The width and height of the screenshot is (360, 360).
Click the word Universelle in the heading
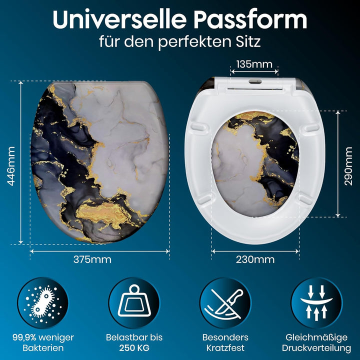point(119,19)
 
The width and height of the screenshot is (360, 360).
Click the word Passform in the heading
point(250,19)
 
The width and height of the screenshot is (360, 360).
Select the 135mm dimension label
point(254,64)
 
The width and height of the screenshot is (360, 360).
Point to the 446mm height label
point(11,166)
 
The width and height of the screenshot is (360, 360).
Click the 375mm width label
point(92,259)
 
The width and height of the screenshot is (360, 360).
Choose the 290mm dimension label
point(348,166)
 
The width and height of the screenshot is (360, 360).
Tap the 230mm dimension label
point(255,259)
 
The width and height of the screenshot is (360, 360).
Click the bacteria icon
point(43,303)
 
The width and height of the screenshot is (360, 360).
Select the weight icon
point(134,303)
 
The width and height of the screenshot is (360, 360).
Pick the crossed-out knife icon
point(225,303)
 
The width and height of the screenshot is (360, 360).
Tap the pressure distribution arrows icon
point(316,303)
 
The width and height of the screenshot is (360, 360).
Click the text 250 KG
point(134,348)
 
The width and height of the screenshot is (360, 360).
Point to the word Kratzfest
point(225,348)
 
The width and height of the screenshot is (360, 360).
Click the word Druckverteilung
point(316,348)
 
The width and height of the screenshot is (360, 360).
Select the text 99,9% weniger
point(43,337)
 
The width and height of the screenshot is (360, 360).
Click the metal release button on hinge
point(255,81)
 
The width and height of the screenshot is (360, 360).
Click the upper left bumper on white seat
point(198,127)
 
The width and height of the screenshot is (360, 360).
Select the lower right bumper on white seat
point(306,199)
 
